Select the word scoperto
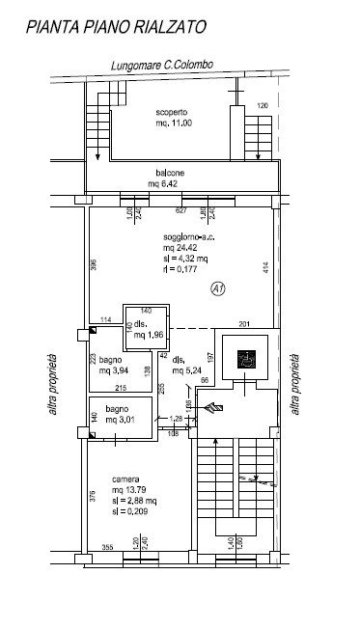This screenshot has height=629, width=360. [x=174, y=112]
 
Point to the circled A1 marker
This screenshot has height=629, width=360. [x=219, y=287]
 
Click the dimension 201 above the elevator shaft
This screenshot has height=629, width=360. [x=243, y=322]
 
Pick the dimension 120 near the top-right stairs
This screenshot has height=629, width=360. [x=261, y=104]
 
